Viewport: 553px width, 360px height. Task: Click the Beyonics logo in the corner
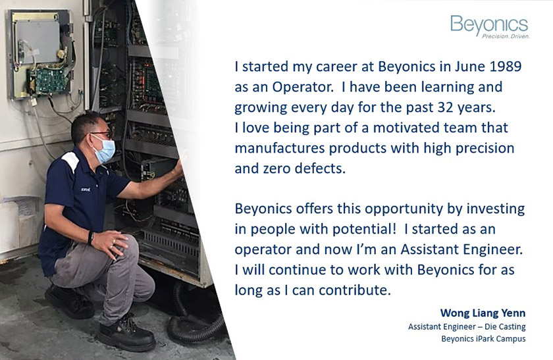[x=490, y=26]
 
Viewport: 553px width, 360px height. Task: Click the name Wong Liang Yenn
[x=483, y=313]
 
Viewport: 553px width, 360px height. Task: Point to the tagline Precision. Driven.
[x=506, y=36]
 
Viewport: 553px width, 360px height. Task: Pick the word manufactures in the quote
[x=280, y=148]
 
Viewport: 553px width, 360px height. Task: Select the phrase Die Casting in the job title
[x=505, y=327]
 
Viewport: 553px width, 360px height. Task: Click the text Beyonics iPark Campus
[x=483, y=339]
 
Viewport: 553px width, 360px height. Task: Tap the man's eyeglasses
[x=101, y=134]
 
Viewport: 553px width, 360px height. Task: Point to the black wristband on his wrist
[x=91, y=238]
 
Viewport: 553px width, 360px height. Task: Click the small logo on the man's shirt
[x=86, y=190]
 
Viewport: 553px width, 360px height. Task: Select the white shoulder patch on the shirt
[x=70, y=161]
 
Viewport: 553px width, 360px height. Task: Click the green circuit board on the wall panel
[x=47, y=80]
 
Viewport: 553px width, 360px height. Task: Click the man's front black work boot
[x=126, y=333]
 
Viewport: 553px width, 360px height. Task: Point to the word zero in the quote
[x=277, y=168]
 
